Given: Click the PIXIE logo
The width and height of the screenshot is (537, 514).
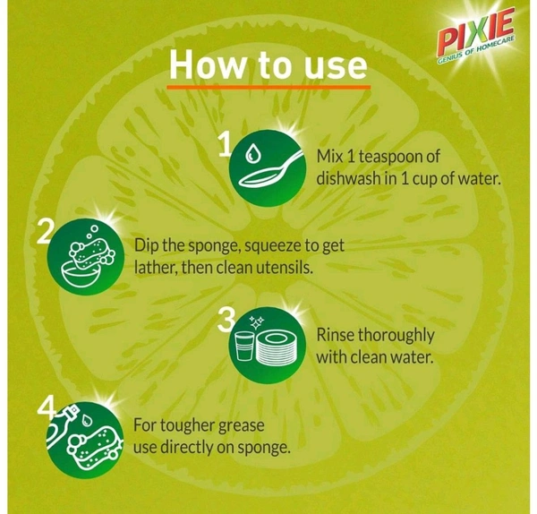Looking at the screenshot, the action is [x=477, y=35].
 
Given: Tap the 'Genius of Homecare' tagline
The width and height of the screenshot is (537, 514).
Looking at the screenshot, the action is [x=476, y=50].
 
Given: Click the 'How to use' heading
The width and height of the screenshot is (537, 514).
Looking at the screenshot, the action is [x=268, y=64].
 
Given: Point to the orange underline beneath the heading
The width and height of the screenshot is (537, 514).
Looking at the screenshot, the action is [x=268, y=87].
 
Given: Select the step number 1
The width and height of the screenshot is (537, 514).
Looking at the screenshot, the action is [x=226, y=144].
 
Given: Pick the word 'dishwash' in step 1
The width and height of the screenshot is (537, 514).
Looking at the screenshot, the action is [x=347, y=178].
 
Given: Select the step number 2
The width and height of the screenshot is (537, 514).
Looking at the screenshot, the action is [x=46, y=232].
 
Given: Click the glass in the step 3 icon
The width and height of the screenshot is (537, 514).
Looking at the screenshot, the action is [x=245, y=346].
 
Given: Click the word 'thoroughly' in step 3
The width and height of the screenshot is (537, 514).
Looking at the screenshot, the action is [x=396, y=336].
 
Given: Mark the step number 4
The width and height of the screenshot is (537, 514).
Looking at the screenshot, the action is [x=47, y=407].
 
